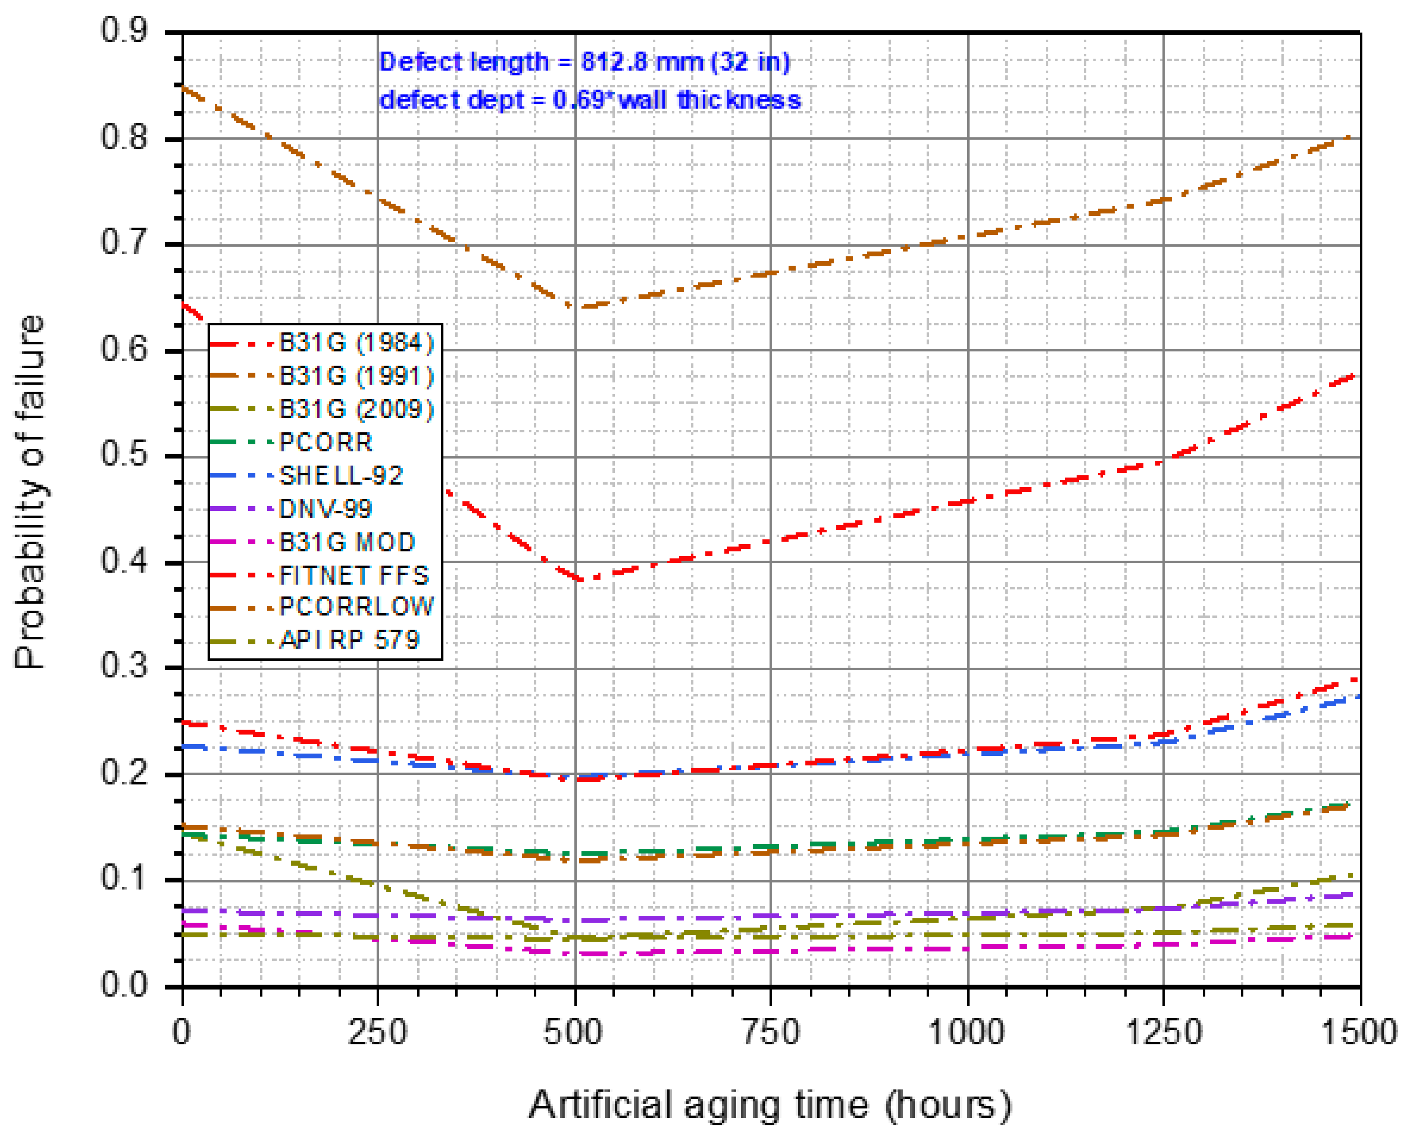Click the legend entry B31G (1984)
pyautogui.click(x=356, y=342)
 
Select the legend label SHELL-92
pyautogui.click(x=341, y=475)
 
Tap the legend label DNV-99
pyautogui.click(x=325, y=509)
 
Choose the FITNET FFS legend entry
pyautogui.click(x=354, y=575)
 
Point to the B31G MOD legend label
pyautogui.click(x=347, y=542)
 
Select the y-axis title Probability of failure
pyautogui.click(x=29, y=492)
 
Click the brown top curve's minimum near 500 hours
pyautogui.click(x=576, y=306)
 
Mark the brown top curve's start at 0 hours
pyautogui.click(x=183, y=86)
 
